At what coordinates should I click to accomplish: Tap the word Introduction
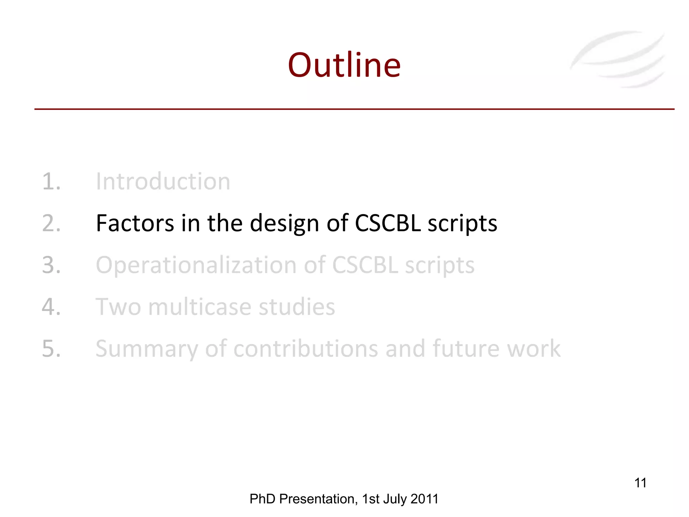[163, 181]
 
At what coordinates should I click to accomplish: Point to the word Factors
[135, 223]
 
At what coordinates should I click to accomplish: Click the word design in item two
[284, 224]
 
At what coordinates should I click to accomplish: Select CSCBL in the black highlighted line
[388, 223]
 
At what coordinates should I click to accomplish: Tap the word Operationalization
[196, 266]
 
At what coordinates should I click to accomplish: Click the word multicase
[200, 307]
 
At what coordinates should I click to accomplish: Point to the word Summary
[147, 349]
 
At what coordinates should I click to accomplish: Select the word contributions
[305, 349]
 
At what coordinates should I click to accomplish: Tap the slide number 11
[640, 483]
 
